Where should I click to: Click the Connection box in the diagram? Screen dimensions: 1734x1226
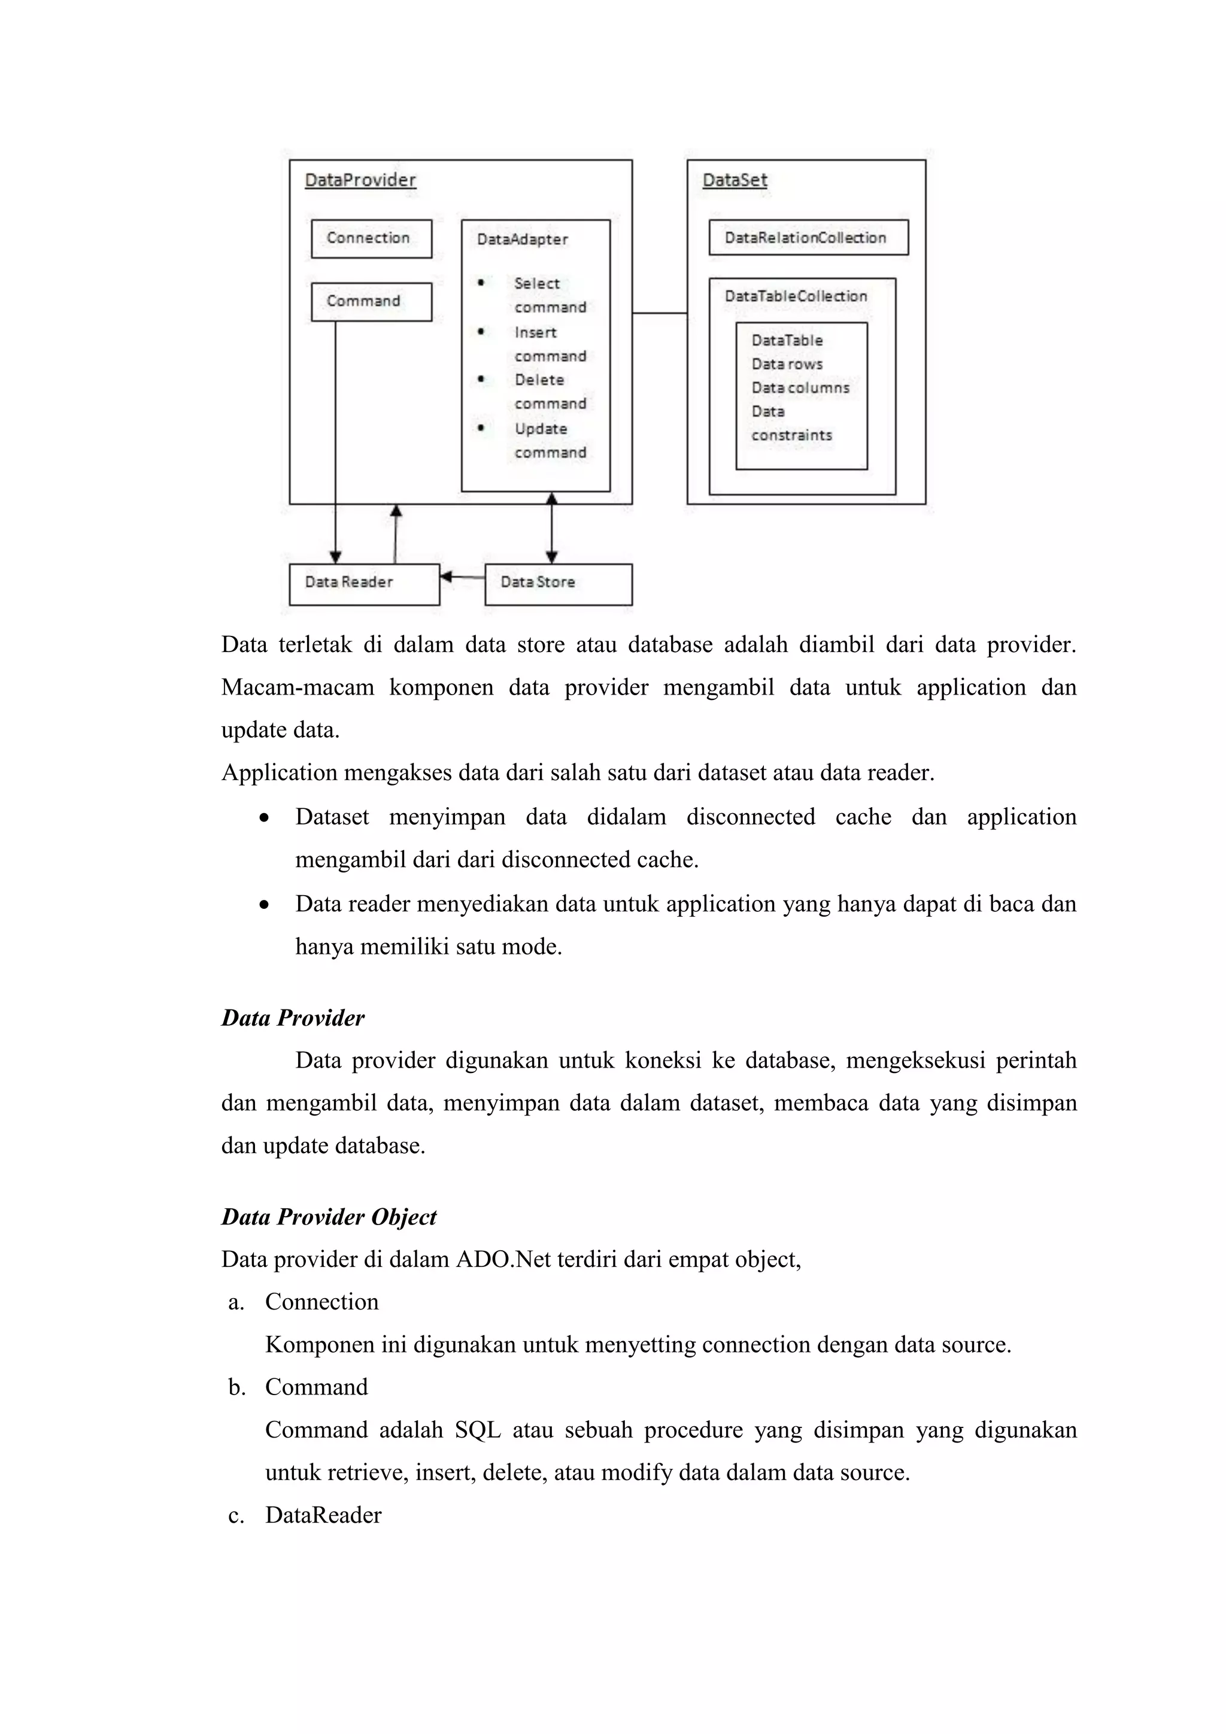[371, 239]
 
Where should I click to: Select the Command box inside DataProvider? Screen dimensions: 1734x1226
[371, 301]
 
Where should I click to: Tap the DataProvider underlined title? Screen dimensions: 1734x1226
[360, 180]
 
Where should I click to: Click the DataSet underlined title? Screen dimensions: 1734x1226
[735, 180]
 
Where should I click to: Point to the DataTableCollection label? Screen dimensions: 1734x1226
[796, 296]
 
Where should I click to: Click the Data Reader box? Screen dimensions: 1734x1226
[364, 583]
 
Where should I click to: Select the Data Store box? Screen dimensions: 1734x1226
[558, 583]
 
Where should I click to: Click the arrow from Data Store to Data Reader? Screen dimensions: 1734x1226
[462, 577]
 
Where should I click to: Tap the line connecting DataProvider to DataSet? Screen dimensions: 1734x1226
[659, 313]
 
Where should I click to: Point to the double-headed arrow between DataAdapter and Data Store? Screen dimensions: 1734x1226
[552, 528]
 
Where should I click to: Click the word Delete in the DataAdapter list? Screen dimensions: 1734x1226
[539, 380]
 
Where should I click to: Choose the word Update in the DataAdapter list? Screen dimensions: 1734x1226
[541, 429]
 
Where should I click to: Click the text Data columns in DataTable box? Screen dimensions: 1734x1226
[800, 388]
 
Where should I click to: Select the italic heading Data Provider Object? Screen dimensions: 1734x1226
[329, 1217]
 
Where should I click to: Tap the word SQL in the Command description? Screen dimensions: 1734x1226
[477, 1430]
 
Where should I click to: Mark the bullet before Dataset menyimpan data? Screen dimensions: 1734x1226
[263, 818]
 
